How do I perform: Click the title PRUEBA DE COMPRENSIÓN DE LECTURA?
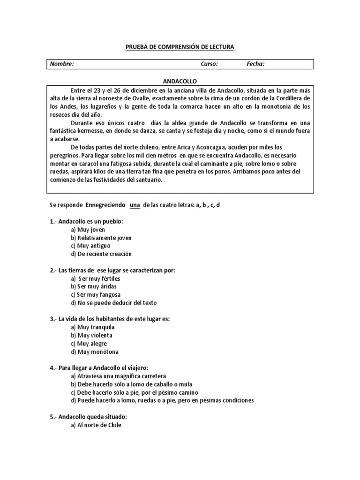pyautogui.click(x=180, y=47)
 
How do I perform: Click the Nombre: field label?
pyautogui.click(x=62, y=64)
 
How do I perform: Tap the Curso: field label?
pyautogui.click(x=209, y=64)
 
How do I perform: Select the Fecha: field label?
pyautogui.click(x=255, y=64)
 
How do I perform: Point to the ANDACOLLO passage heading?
pyautogui.click(x=180, y=81)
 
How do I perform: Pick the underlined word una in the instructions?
pyautogui.click(x=135, y=205)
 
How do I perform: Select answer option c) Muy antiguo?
pyautogui.click(x=91, y=246)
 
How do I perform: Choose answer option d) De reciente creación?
pyautogui.click(x=101, y=254)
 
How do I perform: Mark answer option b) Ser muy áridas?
pyautogui.click(x=94, y=286)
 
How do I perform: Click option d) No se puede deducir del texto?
pyautogui.click(x=114, y=302)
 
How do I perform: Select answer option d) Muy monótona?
pyautogui.click(x=95, y=352)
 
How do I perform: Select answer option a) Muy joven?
pyautogui.click(x=88, y=230)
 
